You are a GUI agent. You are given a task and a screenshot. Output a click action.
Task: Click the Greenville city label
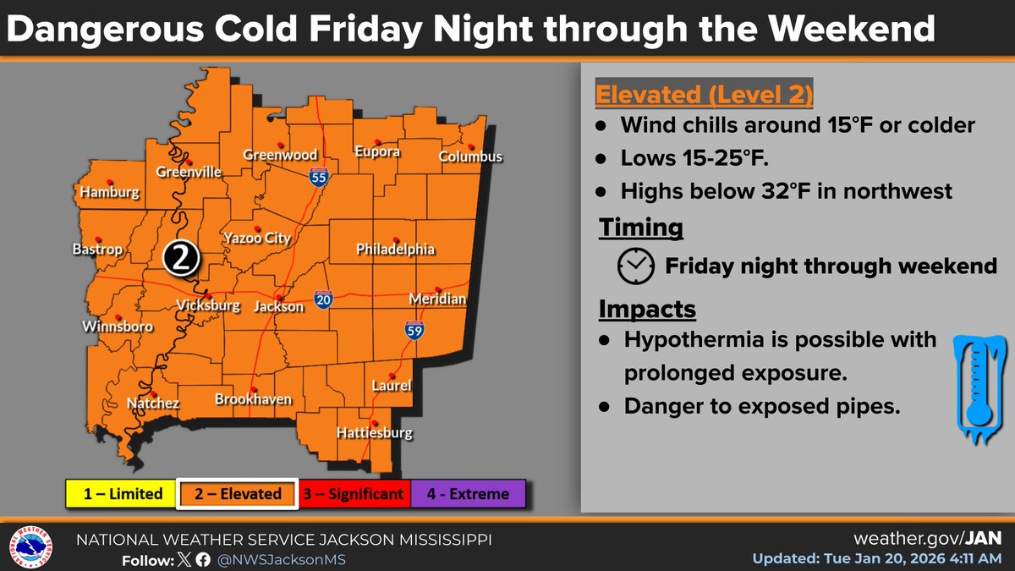point(189,173)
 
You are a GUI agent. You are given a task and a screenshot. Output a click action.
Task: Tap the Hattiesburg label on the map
point(374,434)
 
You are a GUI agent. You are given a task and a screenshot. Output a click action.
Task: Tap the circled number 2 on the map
point(180,259)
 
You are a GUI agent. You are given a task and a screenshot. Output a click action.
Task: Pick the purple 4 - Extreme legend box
point(469,494)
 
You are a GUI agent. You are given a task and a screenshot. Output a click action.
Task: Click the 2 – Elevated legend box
point(237,494)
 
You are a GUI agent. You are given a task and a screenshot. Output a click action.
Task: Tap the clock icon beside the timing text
point(636,266)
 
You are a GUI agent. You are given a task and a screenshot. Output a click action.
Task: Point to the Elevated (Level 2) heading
point(705,94)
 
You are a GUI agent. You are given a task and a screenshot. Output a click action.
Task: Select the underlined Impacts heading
point(647,310)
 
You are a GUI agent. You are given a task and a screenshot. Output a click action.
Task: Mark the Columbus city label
point(470,156)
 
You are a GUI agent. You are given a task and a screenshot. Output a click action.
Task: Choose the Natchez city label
point(152,404)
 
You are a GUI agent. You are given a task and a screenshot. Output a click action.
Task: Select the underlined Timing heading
point(641,228)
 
